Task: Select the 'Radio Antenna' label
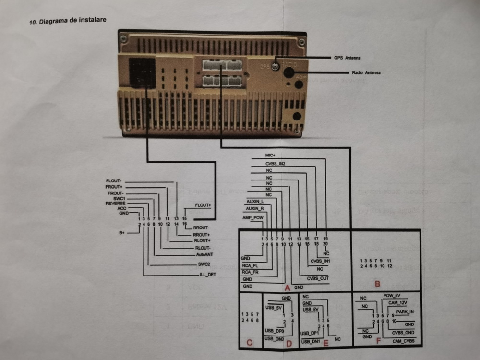[x=364, y=73]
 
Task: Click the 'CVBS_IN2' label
[x=276, y=164]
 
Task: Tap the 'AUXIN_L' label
[x=255, y=201]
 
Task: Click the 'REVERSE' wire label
[x=115, y=204]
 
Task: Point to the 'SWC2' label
[x=205, y=264]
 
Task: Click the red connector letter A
[x=288, y=288]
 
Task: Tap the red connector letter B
[x=377, y=283]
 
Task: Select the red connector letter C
[x=249, y=343]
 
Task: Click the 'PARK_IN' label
[x=405, y=312]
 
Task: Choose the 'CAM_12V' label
[x=398, y=303]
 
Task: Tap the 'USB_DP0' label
[x=275, y=331]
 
